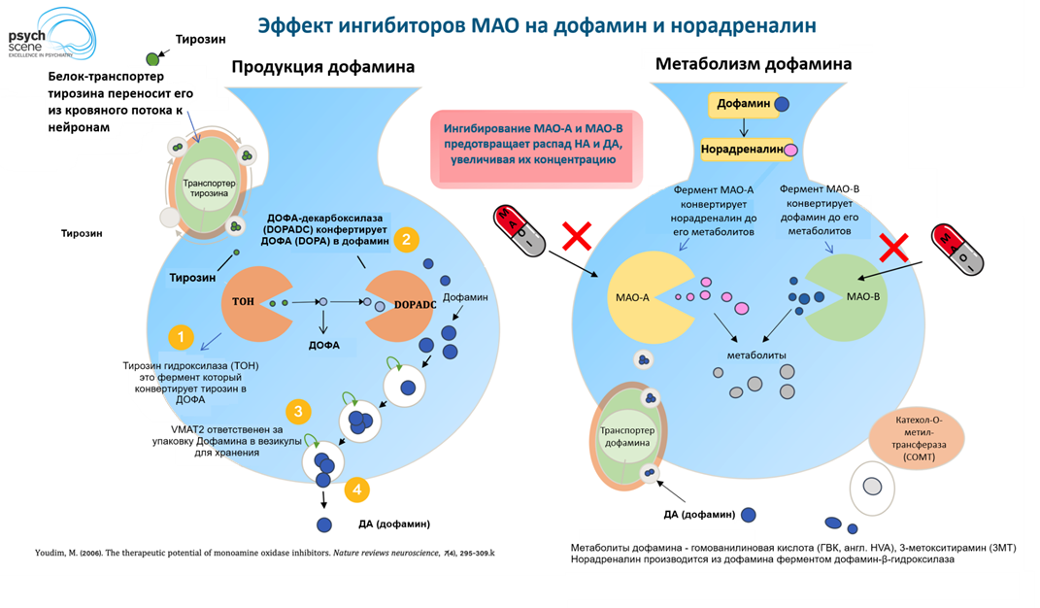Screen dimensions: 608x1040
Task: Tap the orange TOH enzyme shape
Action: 248,302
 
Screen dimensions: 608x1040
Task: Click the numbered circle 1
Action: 180,337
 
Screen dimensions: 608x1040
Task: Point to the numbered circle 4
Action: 357,490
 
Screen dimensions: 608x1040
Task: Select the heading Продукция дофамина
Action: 322,67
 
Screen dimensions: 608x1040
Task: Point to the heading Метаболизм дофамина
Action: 754,64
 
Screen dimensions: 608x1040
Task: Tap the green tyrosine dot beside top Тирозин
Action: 152,60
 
